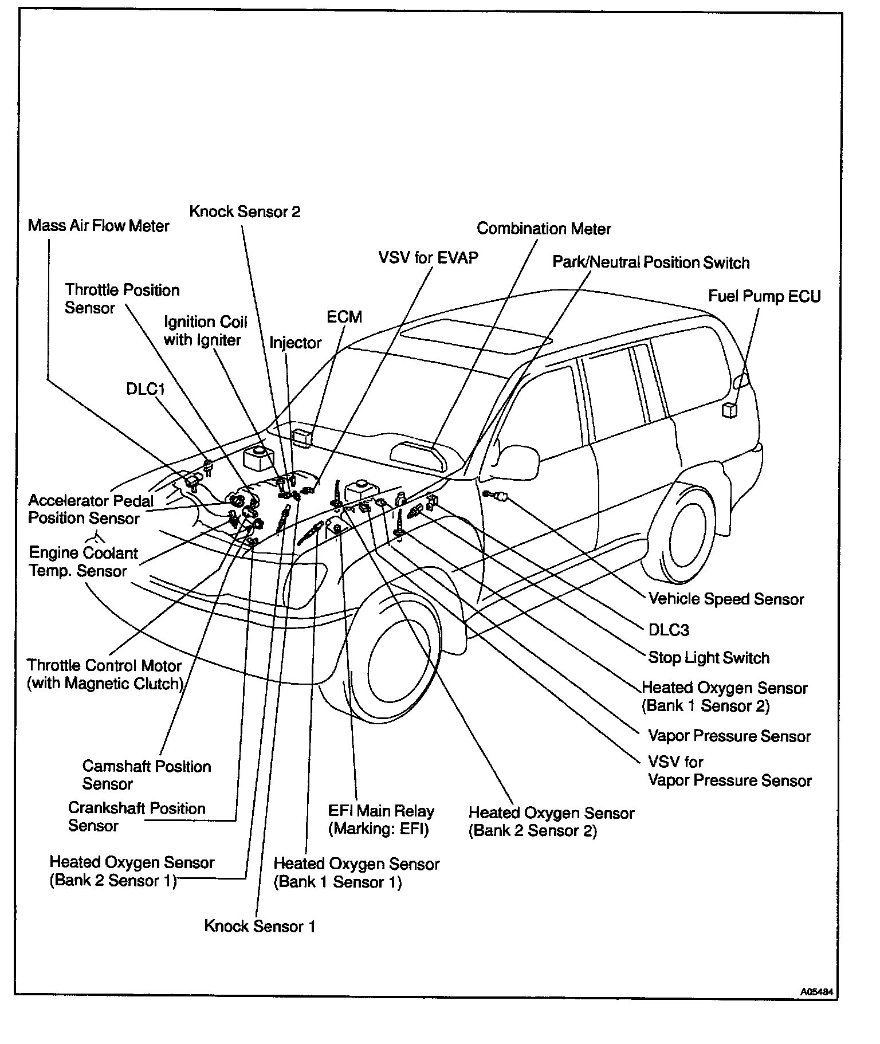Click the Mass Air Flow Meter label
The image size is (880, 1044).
tap(99, 226)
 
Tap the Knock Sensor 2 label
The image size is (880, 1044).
tap(245, 212)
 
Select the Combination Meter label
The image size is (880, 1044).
tap(544, 229)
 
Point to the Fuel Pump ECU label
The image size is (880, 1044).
tap(764, 296)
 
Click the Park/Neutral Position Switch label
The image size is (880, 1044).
tap(651, 262)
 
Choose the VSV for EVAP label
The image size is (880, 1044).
tap(428, 257)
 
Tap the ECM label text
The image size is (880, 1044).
tap(344, 317)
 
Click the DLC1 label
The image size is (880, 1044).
tap(146, 389)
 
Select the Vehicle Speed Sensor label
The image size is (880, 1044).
tap(726, 599)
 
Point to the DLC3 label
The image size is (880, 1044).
tap(669, 630)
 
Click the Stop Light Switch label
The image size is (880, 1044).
tap(709, 658)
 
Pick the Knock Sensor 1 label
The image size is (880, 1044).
tap(260, 927)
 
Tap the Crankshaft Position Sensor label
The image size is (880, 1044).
tap(136, 817)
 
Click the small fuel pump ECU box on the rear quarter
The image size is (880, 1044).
tap(729, 410)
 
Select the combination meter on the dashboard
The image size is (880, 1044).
tap(418, 455)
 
